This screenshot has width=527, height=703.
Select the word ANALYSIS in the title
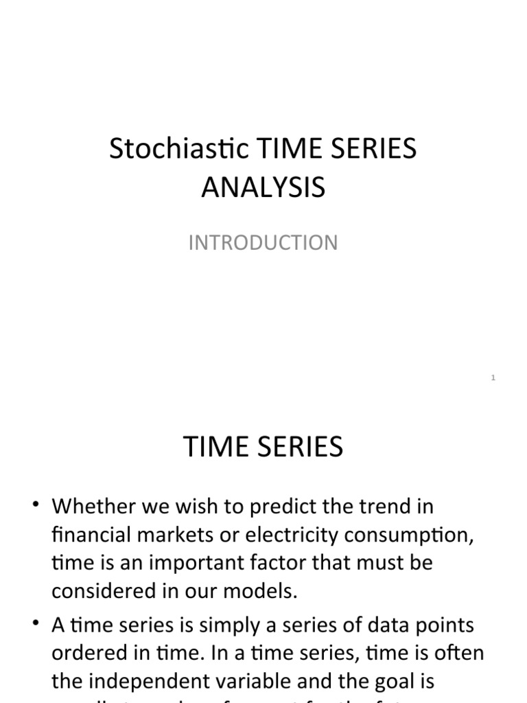pos(263,187)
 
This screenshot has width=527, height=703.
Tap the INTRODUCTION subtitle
pos(263,243)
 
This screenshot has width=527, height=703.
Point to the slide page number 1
pos(493,378)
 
